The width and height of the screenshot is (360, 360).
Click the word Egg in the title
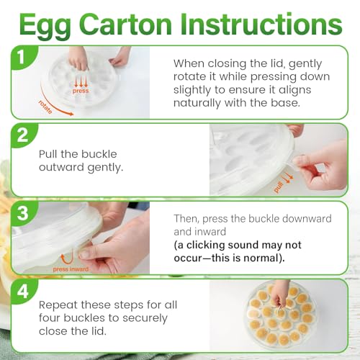(45, 25)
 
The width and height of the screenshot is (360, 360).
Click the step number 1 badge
(22, 57)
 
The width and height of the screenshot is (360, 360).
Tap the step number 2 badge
(23, 135)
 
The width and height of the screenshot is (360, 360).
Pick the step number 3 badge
(23, 213)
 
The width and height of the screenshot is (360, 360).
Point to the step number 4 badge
(23, 292)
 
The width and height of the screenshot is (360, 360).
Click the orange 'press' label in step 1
(81, 91)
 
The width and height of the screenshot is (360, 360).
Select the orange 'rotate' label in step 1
(45, 107)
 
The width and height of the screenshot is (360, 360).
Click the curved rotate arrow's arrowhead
(71, 114)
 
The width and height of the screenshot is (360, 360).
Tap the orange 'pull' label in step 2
(279, 186)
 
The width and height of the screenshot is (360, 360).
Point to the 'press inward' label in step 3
(71, 269)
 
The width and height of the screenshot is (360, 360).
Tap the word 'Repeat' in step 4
(58, 305)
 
